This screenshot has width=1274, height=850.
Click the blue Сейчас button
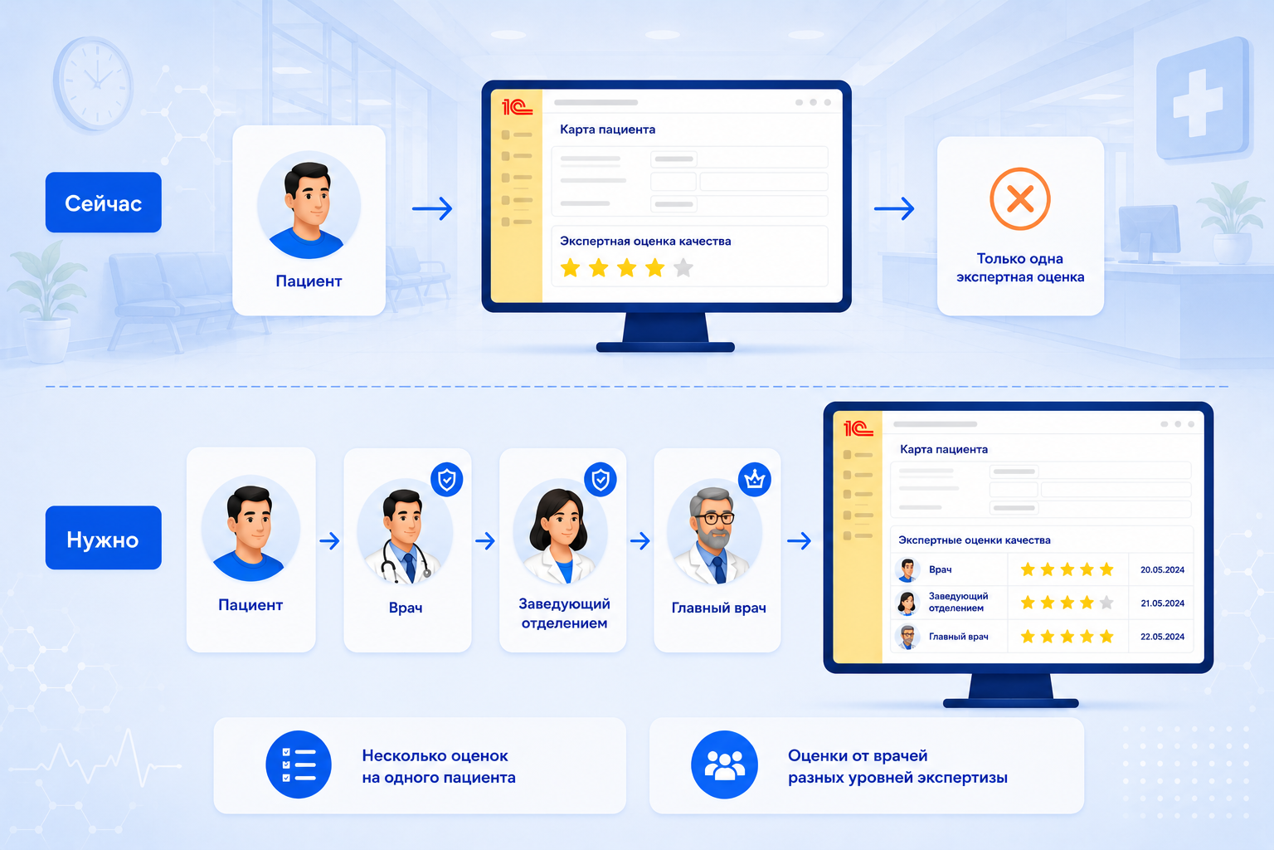(103, 202)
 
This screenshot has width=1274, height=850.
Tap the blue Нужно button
(103, 537)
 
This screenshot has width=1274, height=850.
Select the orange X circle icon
(1019, 198)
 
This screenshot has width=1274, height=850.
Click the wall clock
(94, 83)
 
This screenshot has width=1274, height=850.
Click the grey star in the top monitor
(683, 267)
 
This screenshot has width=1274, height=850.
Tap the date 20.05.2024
(1162, 569)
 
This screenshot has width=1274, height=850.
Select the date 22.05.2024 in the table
(1162, 637)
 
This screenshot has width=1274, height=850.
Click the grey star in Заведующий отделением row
(1106, 602)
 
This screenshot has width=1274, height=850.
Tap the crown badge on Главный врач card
(754, 480)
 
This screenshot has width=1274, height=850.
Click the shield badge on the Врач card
(446, 480)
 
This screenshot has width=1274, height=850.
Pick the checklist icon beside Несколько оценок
(299, 764)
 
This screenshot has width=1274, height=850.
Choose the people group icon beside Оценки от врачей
(724, 764)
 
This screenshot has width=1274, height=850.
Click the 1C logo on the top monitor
(517, 107)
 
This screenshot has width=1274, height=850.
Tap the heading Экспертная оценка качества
(645, 241)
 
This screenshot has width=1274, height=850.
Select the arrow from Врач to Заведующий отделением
(484, 540)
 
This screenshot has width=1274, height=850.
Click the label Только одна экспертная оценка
(1019, 267)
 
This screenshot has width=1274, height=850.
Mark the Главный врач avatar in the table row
(907, 637)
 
